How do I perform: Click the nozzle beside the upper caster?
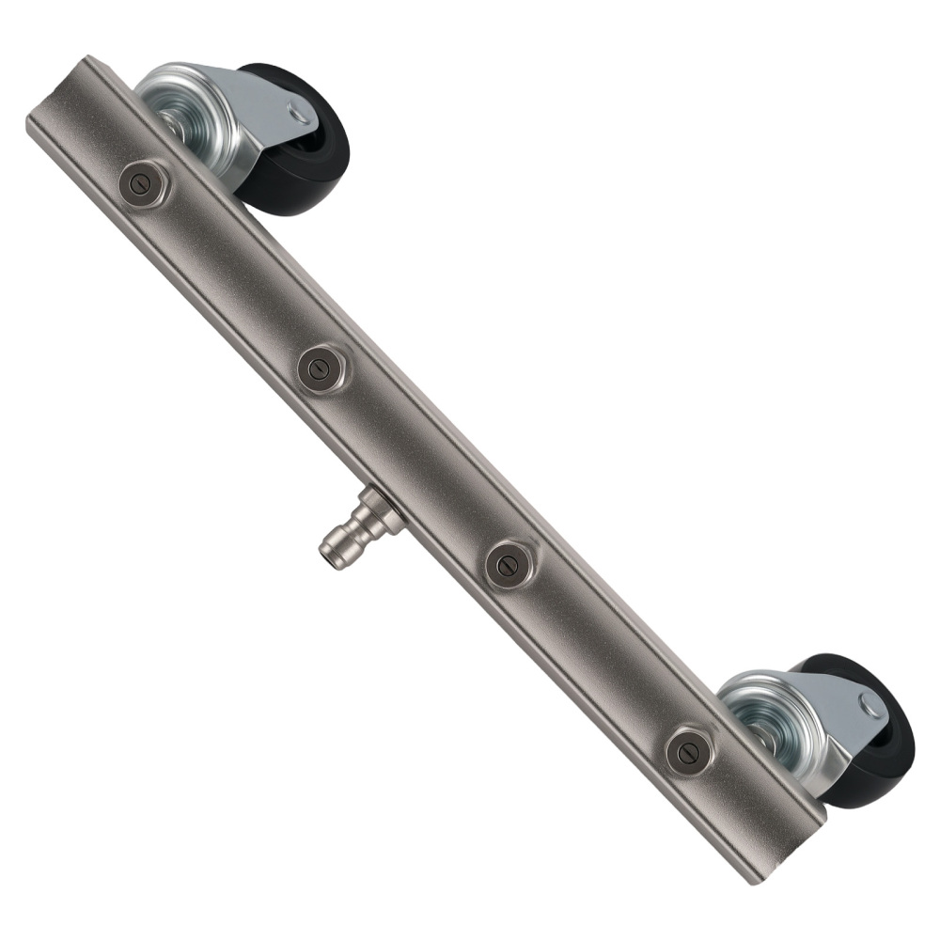(x=144, y=184)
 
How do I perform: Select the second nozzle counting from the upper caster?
(x=321, y=368)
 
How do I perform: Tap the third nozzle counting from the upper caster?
(x=509, y=565)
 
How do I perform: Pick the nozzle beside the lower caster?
(x=688, y=751)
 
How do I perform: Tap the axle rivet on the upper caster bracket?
(x=300, y=115)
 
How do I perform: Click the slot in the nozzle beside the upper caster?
(x=143, y=183)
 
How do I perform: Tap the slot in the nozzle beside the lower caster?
(x=687, y=751)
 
